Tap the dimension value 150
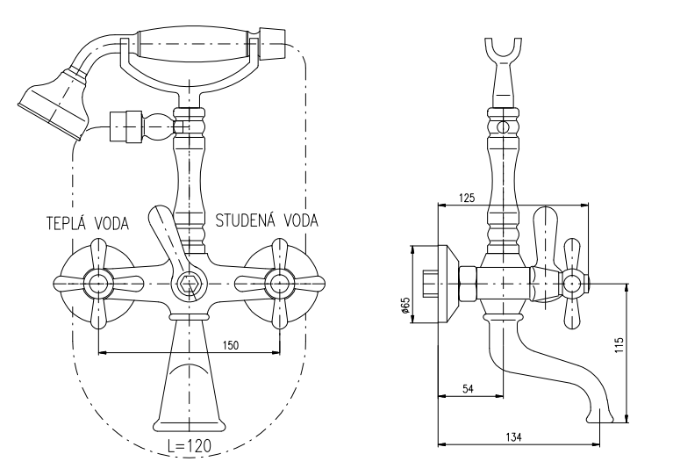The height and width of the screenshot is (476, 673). pos(231,344)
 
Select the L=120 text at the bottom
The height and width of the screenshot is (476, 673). pos(188,445)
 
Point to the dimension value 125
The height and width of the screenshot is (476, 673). pos(469,199)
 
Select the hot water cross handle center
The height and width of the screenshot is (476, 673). pos(97,283)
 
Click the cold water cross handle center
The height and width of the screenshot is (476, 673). pos(278,283)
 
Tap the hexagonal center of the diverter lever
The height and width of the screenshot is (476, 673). pos(187,283)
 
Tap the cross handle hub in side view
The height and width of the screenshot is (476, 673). pos(572,284)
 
